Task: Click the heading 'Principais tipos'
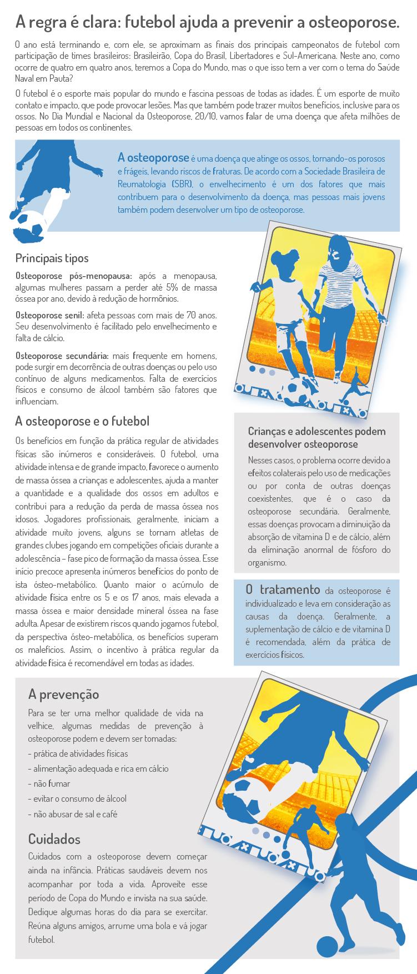[52, 258]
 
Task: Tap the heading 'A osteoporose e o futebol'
[82, 421]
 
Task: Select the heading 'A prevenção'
[63, 694]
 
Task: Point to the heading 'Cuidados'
[54, 839]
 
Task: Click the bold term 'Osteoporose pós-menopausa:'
[74, 276]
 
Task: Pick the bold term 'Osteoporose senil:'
[49, 314]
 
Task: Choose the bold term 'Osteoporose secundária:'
[62, 355]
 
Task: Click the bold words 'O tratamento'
[283, 590]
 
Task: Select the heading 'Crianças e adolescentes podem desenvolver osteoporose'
[316, 438]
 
